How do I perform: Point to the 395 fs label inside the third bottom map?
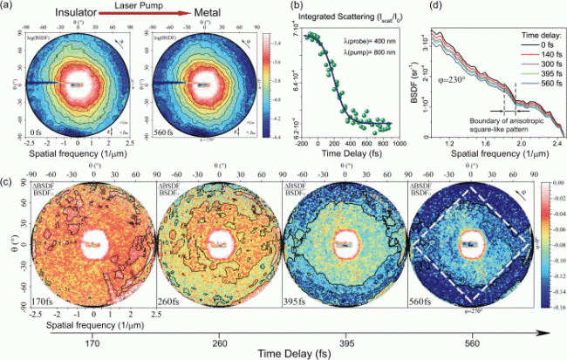coord(300,301)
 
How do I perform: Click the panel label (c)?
coord(7,180)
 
